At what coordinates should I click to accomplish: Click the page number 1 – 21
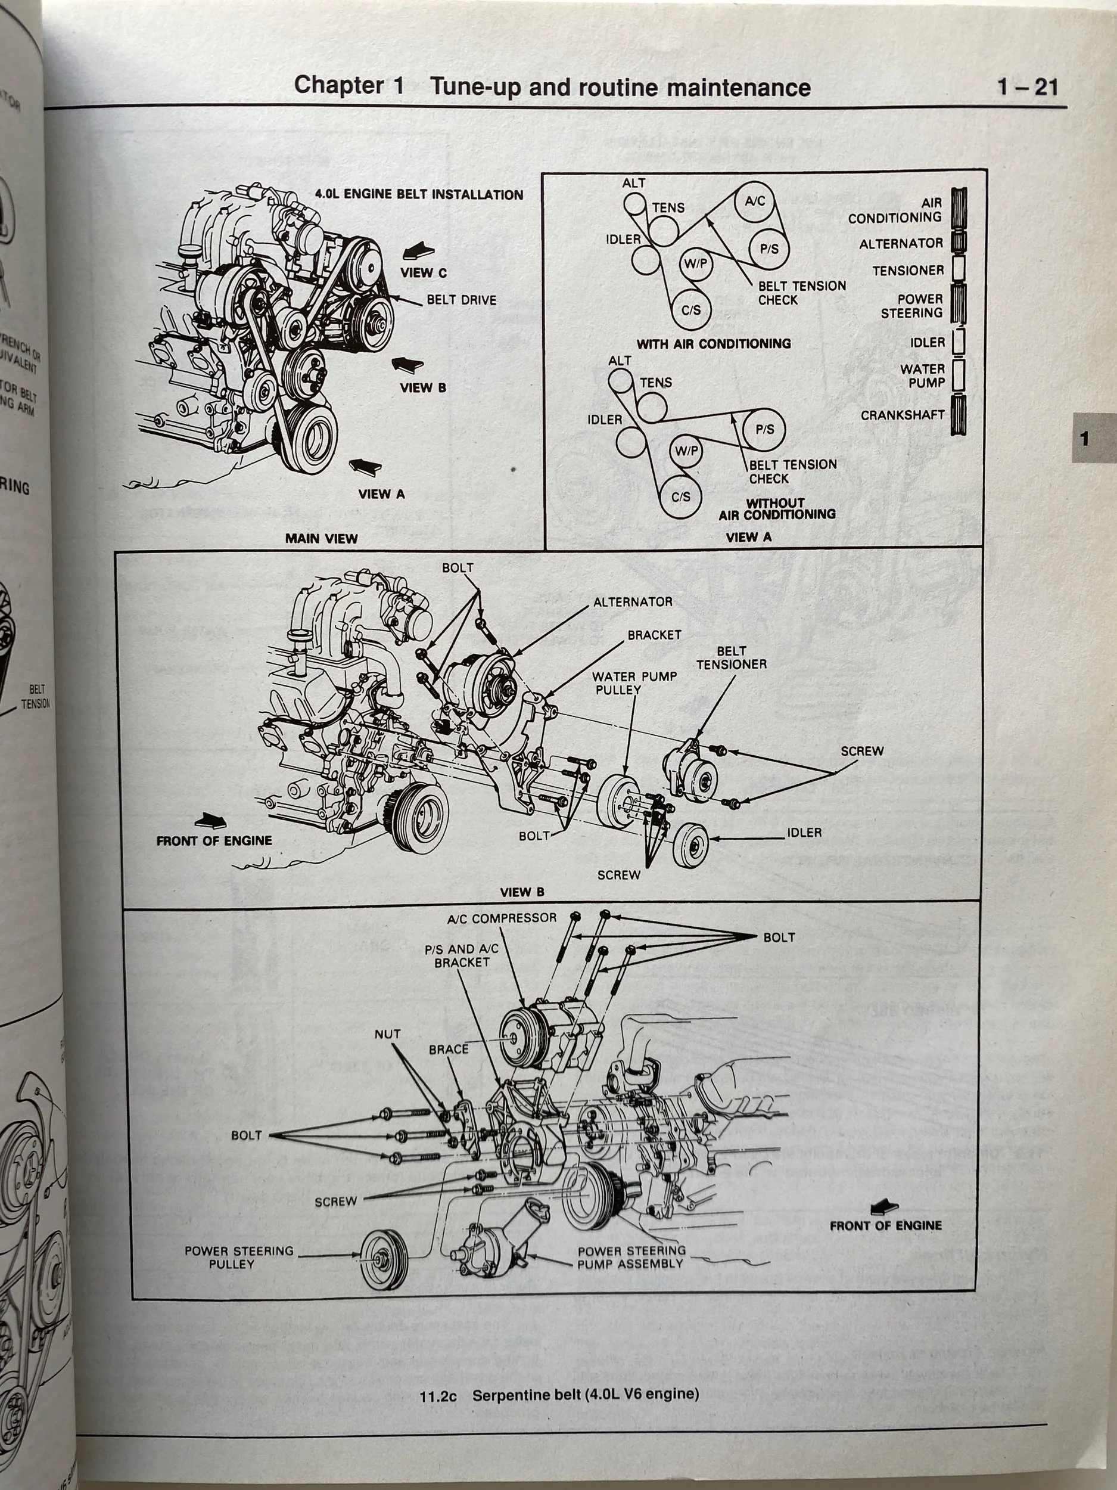[x=1028, y=87]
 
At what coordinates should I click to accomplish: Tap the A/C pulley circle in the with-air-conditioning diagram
[x=755, y=201]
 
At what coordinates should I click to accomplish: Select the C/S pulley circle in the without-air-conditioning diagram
[x=681, y=496]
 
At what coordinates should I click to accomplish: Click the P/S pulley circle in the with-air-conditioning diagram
[x=770, y=249]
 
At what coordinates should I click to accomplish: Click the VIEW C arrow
[x=419, y=253]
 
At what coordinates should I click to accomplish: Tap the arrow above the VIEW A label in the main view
[x=366, y=466]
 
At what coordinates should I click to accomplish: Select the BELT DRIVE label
[x=461, y=300]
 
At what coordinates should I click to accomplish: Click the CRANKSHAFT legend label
[x=902, y=415]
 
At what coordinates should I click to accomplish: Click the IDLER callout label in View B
[x=804, y=833]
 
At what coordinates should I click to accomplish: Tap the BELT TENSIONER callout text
[x=731, y=657]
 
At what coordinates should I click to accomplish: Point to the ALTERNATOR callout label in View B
[x=632, y=601]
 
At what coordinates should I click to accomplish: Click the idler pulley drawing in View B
[x=689, y=845]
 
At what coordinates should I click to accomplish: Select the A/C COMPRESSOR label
[x=502, y=918]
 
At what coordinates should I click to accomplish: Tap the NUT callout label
[x=387, y=1033]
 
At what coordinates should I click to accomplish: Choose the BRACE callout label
[x=449, y=1050]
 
